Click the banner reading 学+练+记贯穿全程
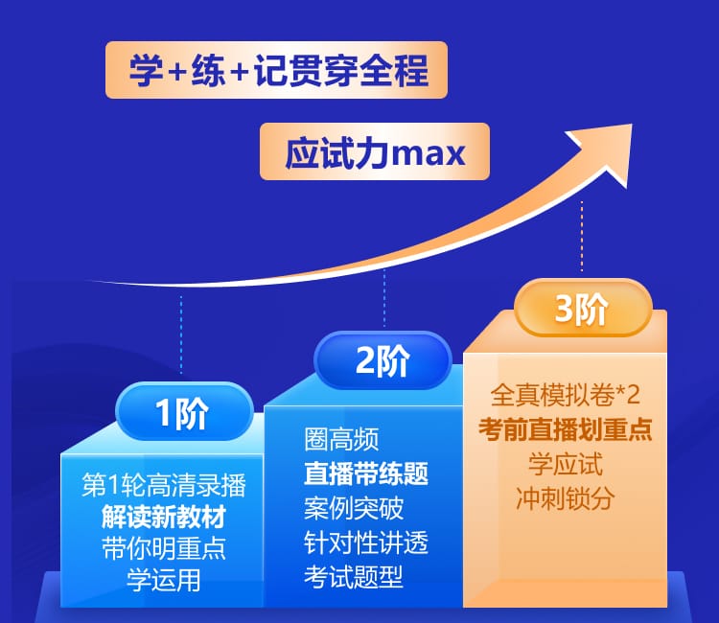click(276, 70)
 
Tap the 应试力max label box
click(375, 151)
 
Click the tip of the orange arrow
click(632, 125)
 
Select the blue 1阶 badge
click(184, 411)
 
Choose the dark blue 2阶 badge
click(383, 360)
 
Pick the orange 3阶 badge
click(583, 308)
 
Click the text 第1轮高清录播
click(164, 485)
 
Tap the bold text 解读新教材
click(164, 517)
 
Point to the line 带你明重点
click(164, 548)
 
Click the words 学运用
click(164, 580)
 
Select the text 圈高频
click(341, 439)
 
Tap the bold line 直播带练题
click(366, 473)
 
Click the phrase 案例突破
click(354, 508)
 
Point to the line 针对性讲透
click(366, 542)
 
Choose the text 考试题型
click(354, 577)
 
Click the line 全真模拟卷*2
click(565, 395)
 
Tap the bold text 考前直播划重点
click(565, 429)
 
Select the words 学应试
click(565, 464)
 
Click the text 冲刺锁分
click(565, 498)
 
